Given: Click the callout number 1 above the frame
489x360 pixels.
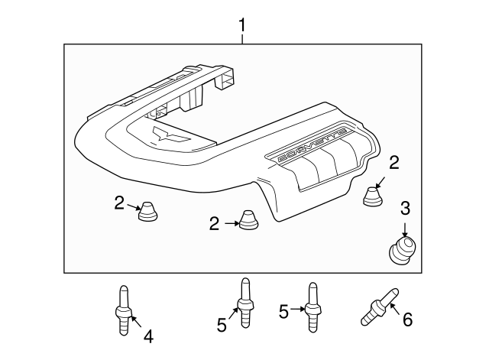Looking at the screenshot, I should pyautogui.click(x=242, y=27).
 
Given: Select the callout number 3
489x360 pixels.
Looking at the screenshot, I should pyautogui.click(x=406, y=207).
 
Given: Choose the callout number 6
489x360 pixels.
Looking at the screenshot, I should pyautogui.click(x=407, y=319).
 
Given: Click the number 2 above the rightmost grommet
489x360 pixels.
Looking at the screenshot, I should pyautogui.click(x=394, y=161).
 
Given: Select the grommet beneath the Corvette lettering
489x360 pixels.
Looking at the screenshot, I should pyautogui.click(x=373, y=196).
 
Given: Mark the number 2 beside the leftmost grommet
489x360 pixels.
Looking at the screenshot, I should pyautogui.click(x=119, y=203).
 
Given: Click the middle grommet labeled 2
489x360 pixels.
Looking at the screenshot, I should pyautogui.click(x=248, y=219).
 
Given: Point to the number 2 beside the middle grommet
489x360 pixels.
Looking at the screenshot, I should pyautogui.click(x=214, y=223).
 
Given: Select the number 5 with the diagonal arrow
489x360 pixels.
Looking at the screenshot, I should pyautogui.click(x=222, y=325).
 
